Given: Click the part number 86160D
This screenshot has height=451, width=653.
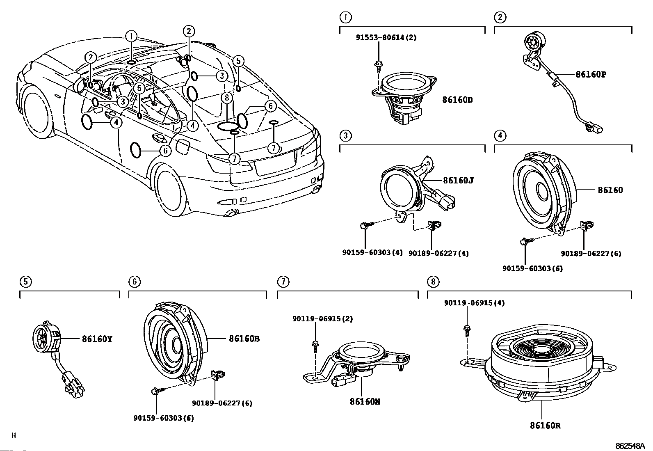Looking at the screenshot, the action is pos(457,100).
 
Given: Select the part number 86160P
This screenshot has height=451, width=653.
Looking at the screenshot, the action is pos(591,74).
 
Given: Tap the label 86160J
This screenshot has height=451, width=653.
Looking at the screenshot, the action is pos(458,181).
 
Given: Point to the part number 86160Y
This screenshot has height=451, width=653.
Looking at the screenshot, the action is pos(97,339).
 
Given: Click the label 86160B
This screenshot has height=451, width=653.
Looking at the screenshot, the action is pos(244,339).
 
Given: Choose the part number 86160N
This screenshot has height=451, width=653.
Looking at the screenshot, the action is pos(365,402).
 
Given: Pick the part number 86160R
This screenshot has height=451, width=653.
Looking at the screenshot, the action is pos(545,426).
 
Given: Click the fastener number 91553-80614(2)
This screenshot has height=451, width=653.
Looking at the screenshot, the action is pos(386,37).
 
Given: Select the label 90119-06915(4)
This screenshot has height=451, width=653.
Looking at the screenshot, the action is pos(474,303).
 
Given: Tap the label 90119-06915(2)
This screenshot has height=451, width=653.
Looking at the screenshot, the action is pos(323,319).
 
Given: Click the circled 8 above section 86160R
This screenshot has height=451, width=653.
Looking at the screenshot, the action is pos(433,282).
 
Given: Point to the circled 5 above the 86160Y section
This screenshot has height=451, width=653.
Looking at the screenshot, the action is pos(26,282).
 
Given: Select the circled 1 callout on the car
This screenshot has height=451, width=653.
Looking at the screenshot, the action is pos(131,37).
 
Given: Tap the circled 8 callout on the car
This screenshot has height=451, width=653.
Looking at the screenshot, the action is pos(227,97).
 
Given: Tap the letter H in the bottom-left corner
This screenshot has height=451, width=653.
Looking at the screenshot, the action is pos(14,436).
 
